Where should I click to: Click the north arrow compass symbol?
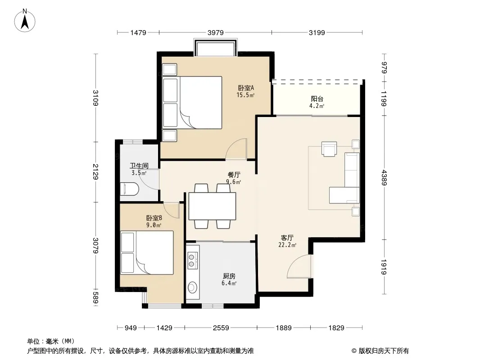25,21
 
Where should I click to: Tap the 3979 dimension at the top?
216,32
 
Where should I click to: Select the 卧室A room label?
246,88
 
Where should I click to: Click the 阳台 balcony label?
317,99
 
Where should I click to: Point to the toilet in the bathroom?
130,189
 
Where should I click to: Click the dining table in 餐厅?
212,206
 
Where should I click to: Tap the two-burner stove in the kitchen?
192,260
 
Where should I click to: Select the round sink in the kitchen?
192,287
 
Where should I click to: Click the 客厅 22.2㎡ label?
287,241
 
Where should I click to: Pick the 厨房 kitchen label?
229,276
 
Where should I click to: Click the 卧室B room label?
154,218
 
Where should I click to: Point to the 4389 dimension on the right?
384,178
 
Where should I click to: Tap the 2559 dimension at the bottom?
221,328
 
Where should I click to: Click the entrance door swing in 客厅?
299,266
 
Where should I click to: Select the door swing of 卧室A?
236,148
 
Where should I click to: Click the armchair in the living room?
329,148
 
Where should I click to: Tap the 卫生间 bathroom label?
139,166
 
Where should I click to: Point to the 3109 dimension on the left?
95,98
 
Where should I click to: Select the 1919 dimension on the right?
384,267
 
